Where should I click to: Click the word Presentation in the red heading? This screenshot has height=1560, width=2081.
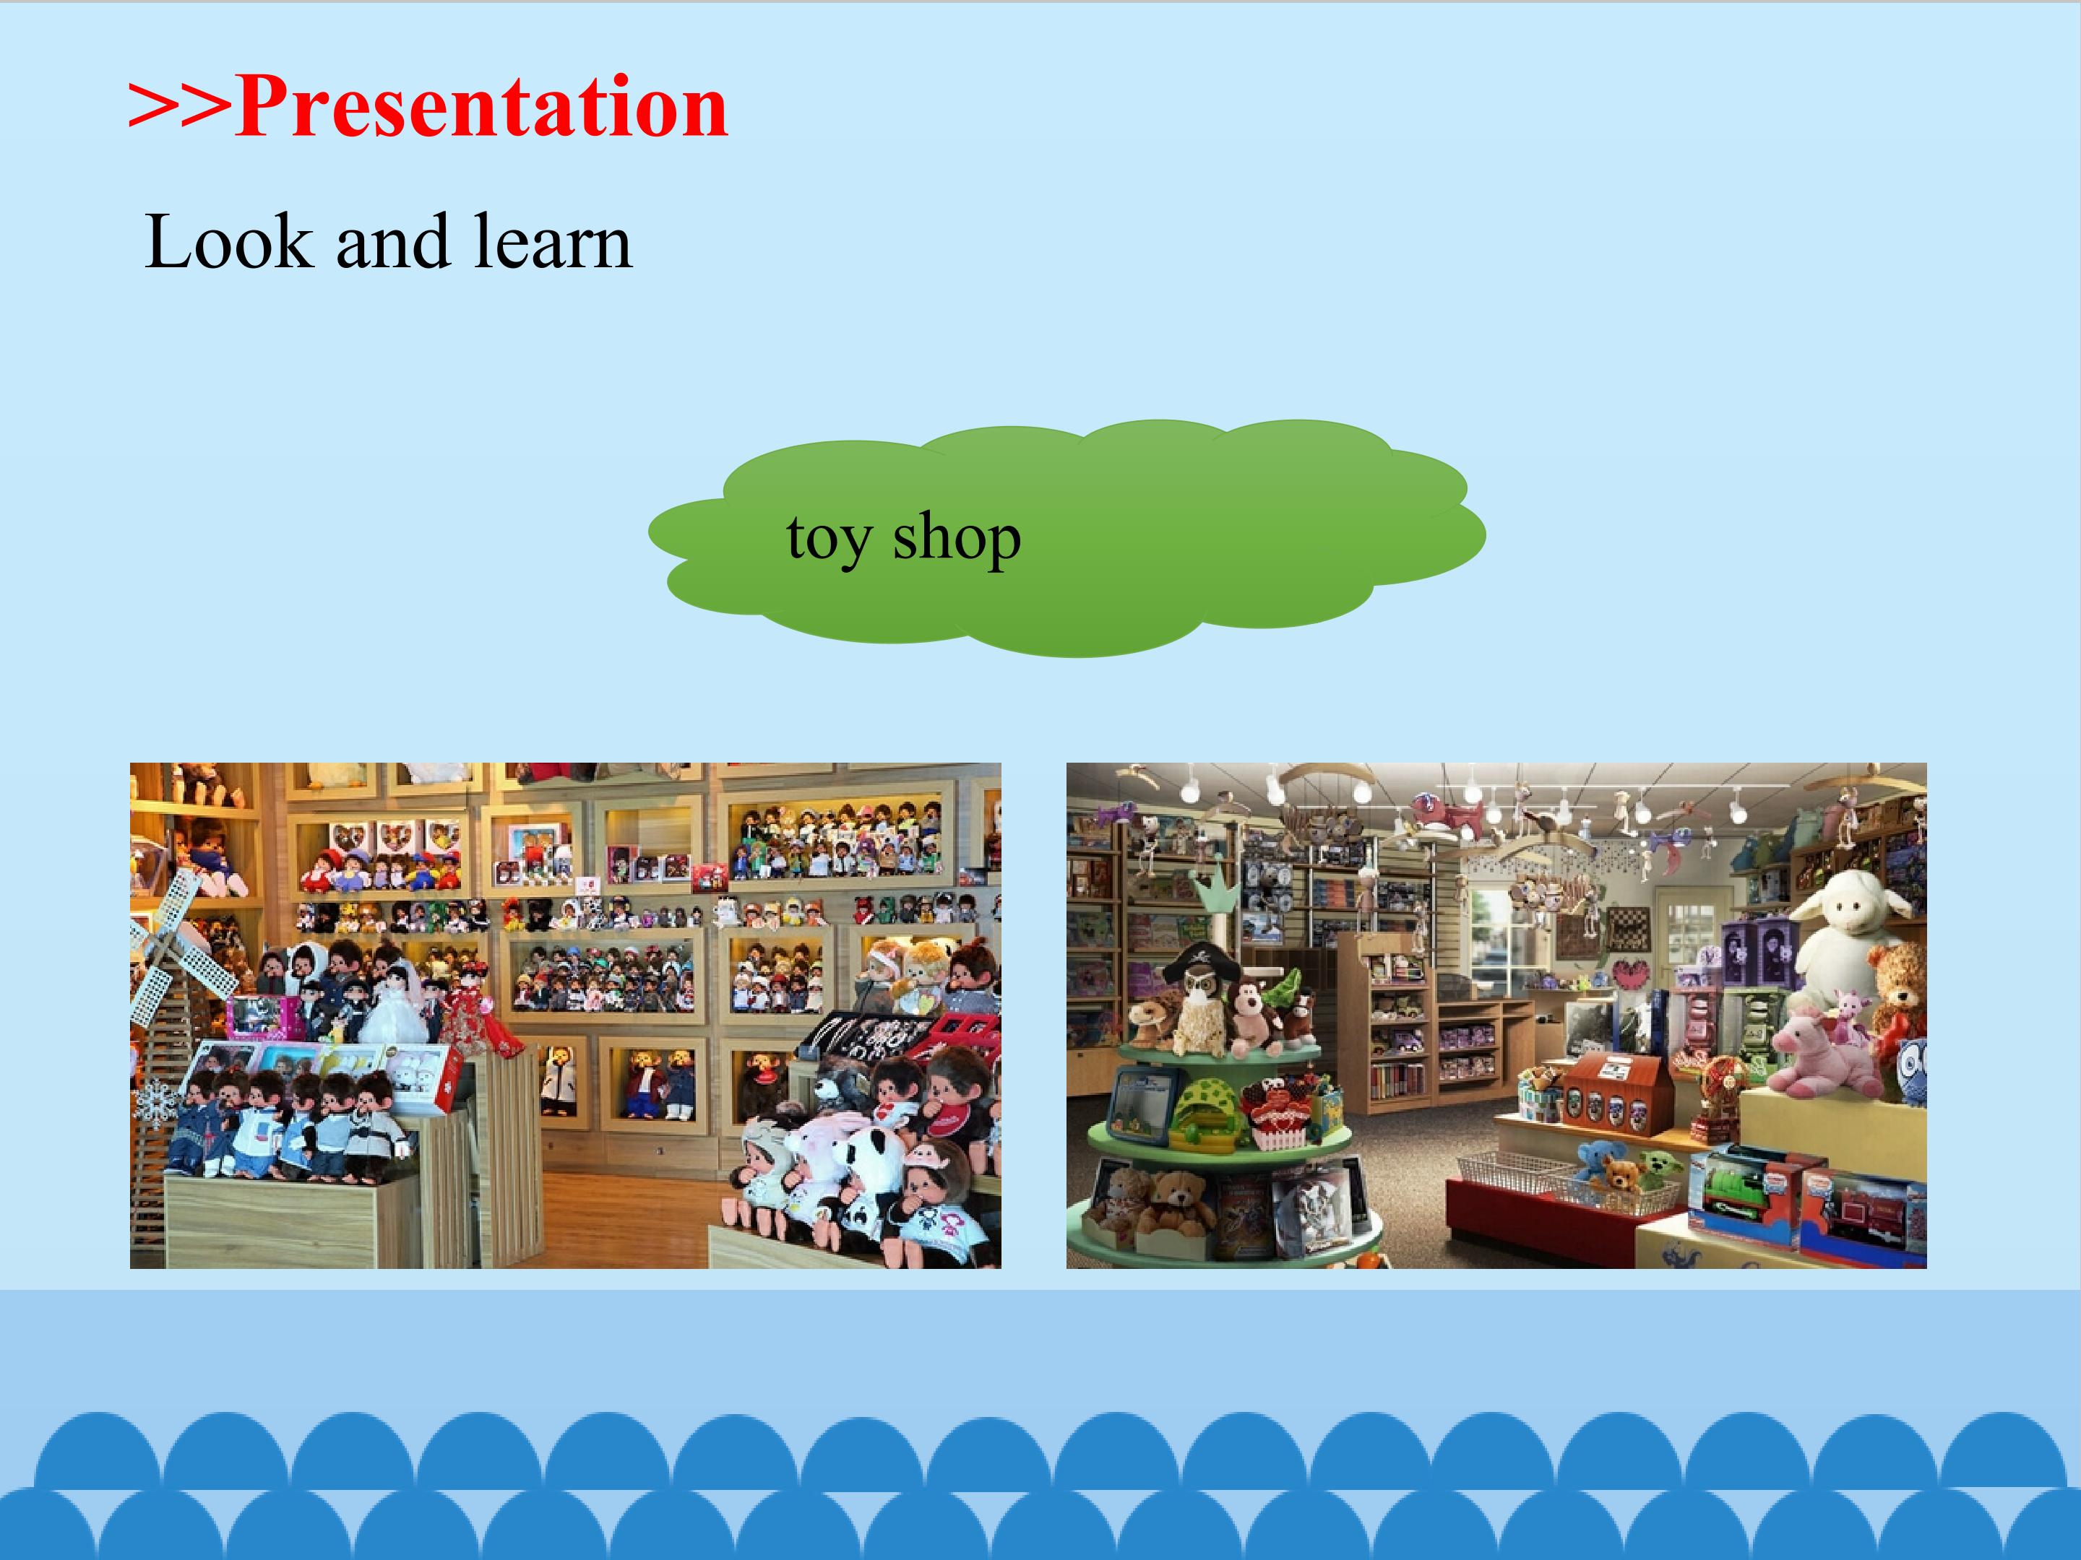click(x=482, y=106)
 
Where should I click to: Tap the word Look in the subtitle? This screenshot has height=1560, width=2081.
click(x=228, y=243)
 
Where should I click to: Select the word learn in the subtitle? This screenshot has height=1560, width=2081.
click(x=552, y=243)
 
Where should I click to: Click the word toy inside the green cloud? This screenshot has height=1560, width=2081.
click(x=829, y=539)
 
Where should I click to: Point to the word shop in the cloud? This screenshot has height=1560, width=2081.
click(x=956, y=538)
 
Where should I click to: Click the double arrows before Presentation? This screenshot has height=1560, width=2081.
click(x=178, y=105)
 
